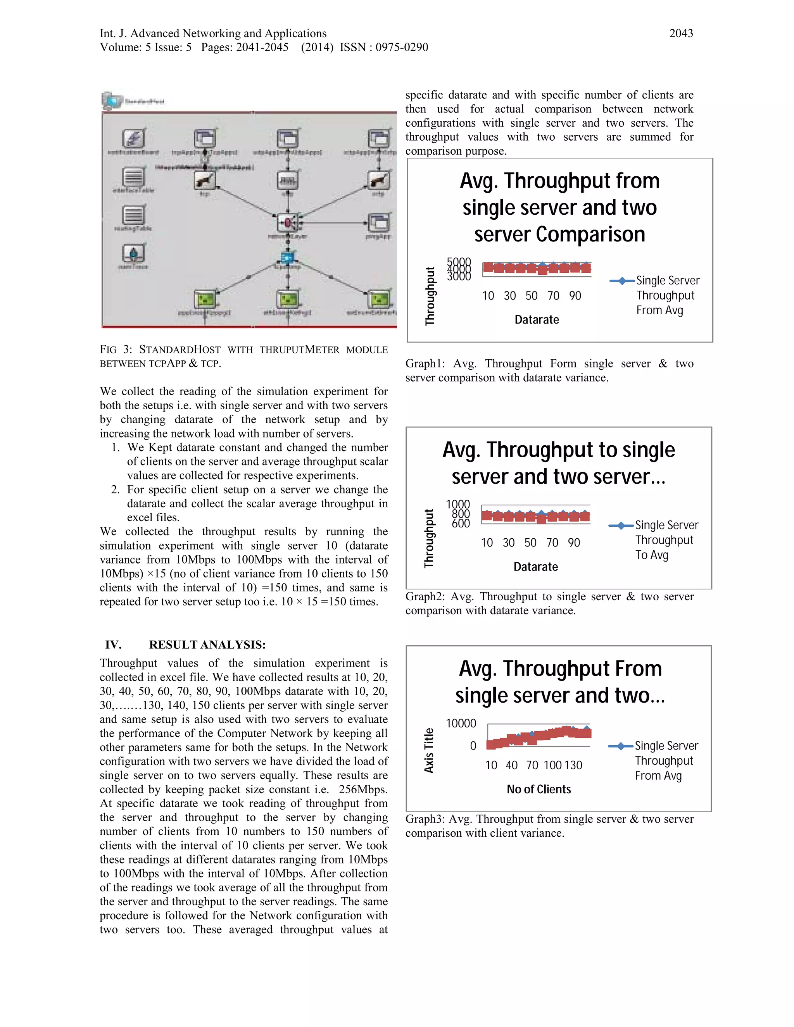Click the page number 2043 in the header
pos(681,33)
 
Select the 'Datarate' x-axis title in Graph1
pos(536,320)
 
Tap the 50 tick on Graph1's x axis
pos(531,296)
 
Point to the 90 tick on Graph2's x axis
pos(573,543)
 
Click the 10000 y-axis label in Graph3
pos(461,723)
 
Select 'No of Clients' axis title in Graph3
pos(539,789)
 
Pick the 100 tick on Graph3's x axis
pos(552,765)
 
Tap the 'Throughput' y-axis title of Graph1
pos(430,296)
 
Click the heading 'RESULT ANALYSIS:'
pos(207,645)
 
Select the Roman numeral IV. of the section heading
pos(113,645)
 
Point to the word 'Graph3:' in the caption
pos(424,819)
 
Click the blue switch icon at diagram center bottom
pos(287,257)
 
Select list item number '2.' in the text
pos(116,489)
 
